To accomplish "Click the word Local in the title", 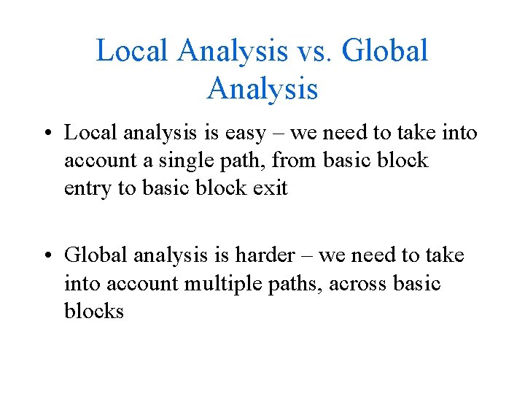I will pos(132,51).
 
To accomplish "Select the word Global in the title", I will pos(384,51).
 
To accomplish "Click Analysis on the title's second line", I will pos(262,89).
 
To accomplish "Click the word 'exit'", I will pos(271,188).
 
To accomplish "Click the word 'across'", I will pos(351,282).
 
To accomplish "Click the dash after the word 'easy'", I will pos(298,134).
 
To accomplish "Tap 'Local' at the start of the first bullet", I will pos(90,134).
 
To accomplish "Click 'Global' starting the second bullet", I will pos(94,255).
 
